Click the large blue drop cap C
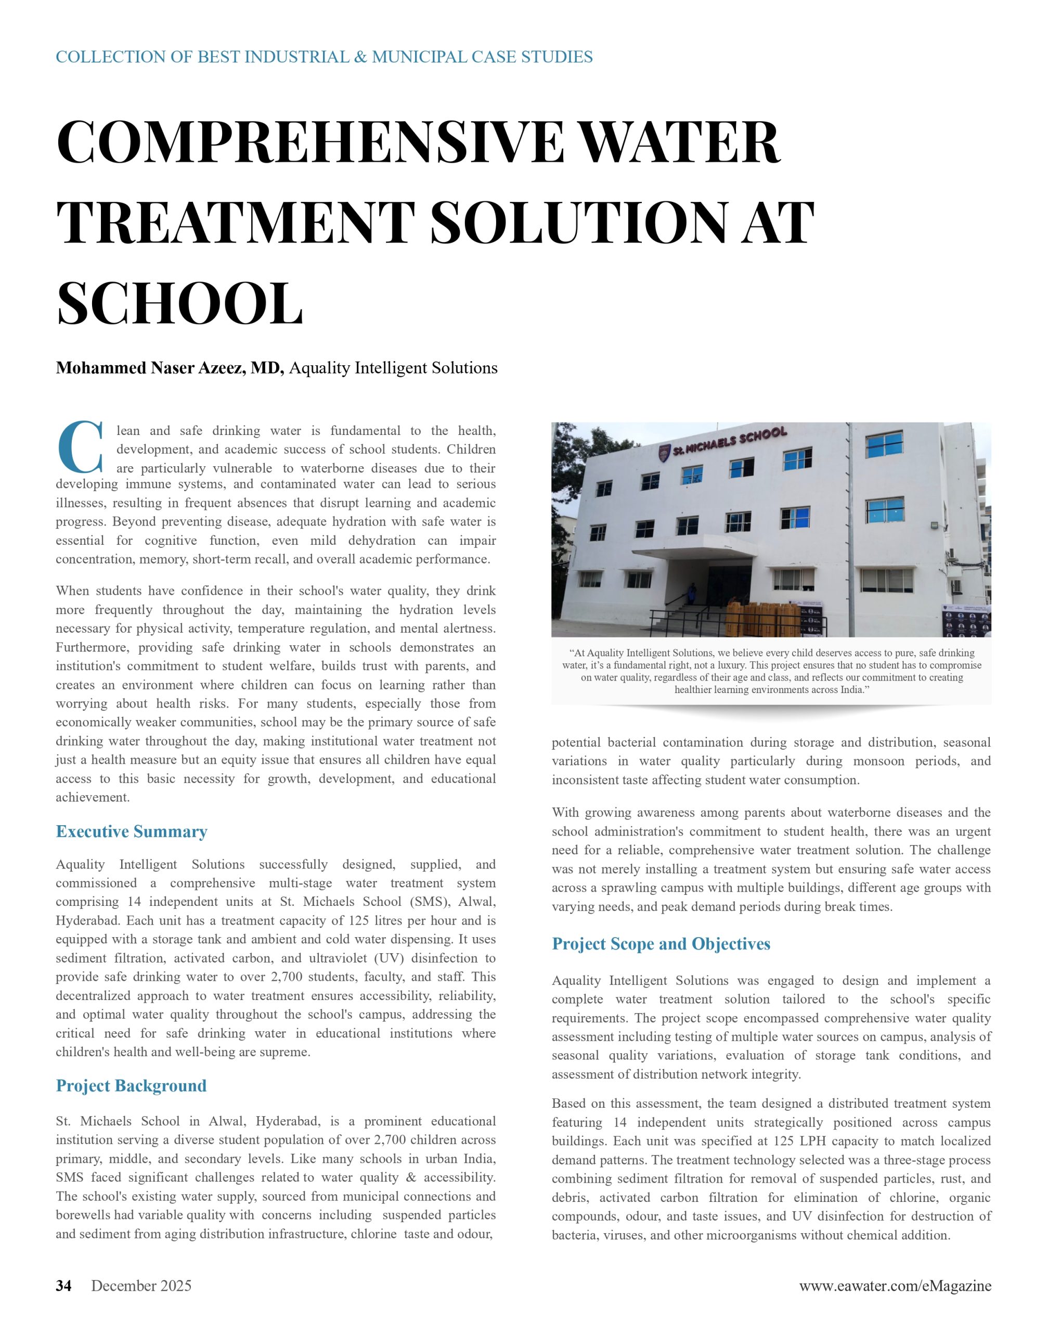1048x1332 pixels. pyautogui.click(x=80, y=447)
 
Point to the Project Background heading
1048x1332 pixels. pyautogui.click(x=131, y=1085)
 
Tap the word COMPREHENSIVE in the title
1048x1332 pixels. pyautogui.click(x=309, y=143)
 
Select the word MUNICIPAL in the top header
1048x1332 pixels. pyautogui.click(x=419, y=57)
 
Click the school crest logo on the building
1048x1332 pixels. pyautogui.click(x=663, y=454)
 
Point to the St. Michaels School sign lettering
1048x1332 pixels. pyautogui.click(x=730, y=441)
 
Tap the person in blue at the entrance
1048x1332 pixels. pyautogui.click(x=693, y=593)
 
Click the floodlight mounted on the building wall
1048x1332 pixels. pyautogui.click(x=935, y=526)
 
